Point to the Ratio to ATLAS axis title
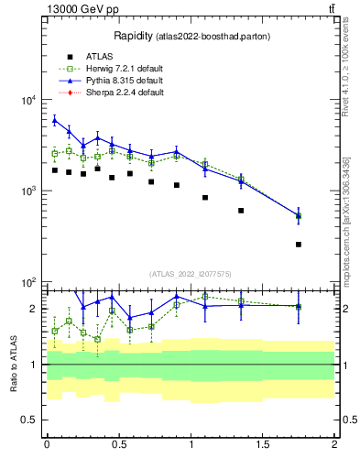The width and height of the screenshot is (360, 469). click(x=14, y=364)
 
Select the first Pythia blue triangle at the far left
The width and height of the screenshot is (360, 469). click(x=55, y=120)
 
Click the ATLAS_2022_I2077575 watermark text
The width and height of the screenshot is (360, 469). click(x=191, y=273)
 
